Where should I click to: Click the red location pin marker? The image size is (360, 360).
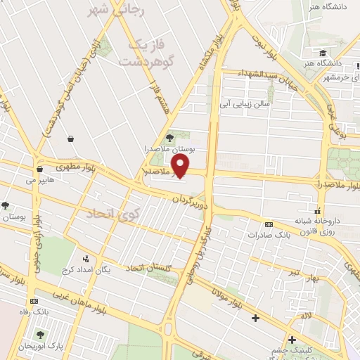tap(181, 165)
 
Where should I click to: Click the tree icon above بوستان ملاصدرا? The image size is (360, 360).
tap(169, 137)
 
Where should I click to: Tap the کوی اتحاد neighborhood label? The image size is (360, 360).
tap(112, 213)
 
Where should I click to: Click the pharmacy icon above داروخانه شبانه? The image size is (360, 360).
tap(318, 210)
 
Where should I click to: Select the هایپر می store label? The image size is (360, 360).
tap(39, 181)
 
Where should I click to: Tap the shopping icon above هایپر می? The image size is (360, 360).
tap(39, 169)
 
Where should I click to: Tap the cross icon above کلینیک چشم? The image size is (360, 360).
tap(291, 341)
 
